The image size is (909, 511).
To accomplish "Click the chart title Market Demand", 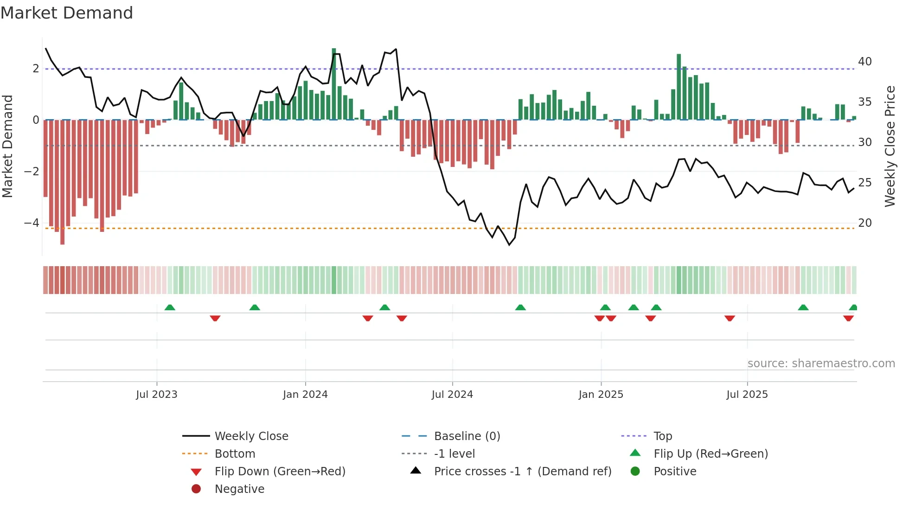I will [67, 13].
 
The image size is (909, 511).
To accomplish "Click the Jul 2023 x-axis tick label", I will [157, 395].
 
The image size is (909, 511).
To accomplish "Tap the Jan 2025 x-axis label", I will [601, 395].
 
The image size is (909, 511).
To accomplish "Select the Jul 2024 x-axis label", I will [452, 395].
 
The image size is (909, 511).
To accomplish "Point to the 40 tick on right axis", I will [864, 62].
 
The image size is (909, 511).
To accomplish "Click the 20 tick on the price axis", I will [864, 223].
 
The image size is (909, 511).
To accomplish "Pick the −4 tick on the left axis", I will [32, 223].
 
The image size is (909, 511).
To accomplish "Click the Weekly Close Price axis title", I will [890, 146].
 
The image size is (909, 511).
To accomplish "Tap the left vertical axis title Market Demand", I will [7, 146].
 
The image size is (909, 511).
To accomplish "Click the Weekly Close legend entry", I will [251, 436].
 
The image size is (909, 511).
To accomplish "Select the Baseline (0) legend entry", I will [467, 436].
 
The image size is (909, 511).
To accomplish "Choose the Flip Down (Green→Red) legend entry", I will [280, 472].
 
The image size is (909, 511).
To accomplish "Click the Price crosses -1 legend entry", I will [523, 472].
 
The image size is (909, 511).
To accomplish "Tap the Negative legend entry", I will [239, 489].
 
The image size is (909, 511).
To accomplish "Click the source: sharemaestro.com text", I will [821, 364].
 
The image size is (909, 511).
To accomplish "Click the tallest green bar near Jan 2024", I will [334, 83].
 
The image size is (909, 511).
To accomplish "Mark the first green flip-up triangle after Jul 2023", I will [170, 307].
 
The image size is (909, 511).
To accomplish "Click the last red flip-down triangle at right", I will [848, 318].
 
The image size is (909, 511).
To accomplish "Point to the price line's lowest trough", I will [509, 244].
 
